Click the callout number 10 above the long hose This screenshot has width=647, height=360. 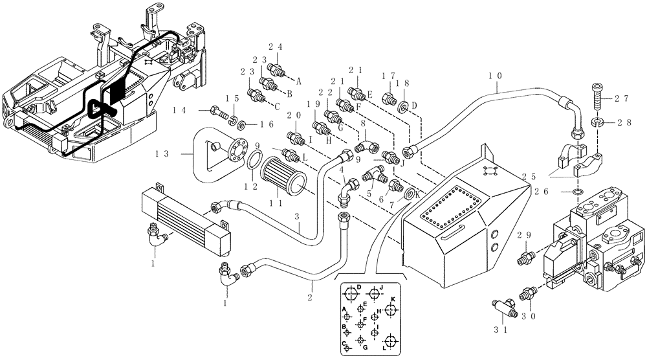point(494,76)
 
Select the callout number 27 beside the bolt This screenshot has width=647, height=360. point(622,100)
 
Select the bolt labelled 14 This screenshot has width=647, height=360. point(217,114)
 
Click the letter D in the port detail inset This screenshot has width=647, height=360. point(358,287)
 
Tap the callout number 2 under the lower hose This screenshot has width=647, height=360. point(311,297)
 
